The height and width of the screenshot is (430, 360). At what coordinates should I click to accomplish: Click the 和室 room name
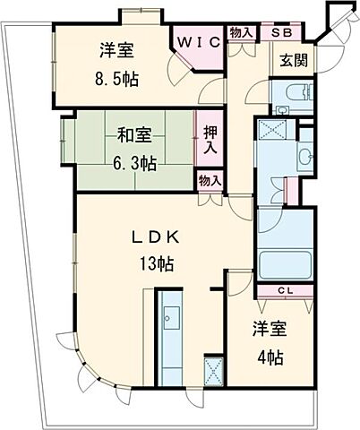point(133,136)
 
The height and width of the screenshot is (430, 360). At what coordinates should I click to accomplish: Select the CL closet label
point(284,289)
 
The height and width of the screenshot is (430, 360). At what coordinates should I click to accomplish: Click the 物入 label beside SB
point(241,33)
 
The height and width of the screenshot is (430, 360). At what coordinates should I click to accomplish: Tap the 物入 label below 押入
point(210,182)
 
